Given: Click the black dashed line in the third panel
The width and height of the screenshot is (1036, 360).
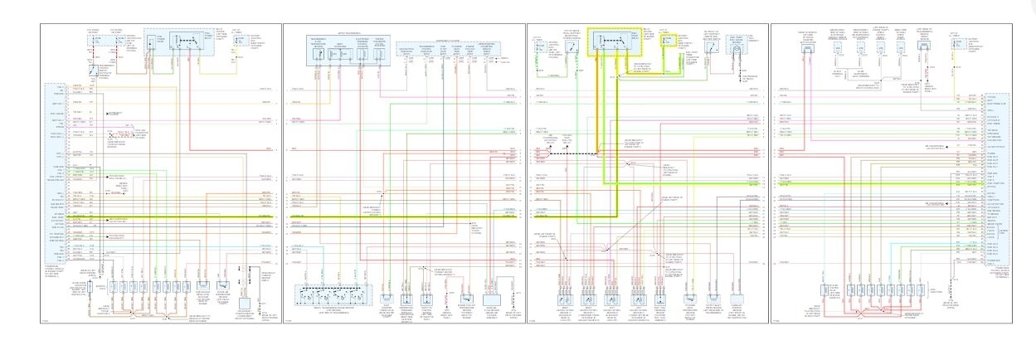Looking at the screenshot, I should tap(584, 154).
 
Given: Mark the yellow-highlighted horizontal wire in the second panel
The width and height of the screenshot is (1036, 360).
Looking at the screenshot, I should tap(398, 217).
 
